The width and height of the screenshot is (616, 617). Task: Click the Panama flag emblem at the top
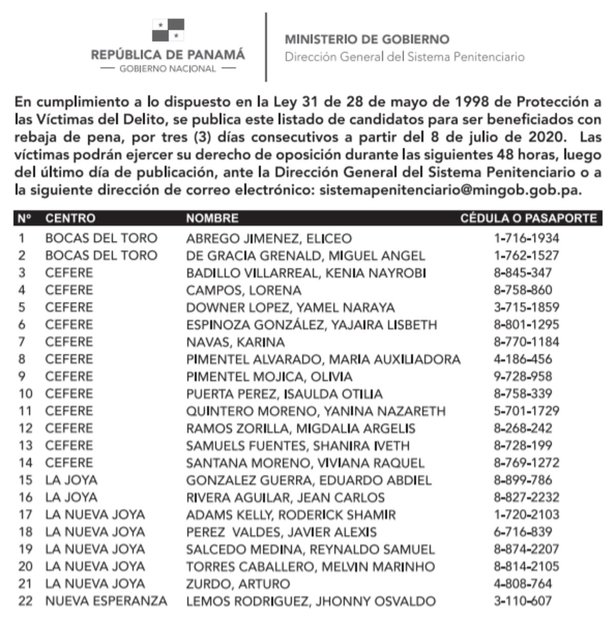(168, 30)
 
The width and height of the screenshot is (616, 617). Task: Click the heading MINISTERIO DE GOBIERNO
(367, 40)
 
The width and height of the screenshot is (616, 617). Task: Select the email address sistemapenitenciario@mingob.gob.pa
(450, 190)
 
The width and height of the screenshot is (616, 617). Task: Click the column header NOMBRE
(212, 218)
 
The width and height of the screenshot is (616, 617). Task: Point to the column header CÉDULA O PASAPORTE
(528, 218)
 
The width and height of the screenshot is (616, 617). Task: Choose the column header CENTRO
(70, 218)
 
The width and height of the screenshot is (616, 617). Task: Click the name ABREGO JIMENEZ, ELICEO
(268, 239)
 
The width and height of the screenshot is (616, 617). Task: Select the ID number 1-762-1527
(526, 256)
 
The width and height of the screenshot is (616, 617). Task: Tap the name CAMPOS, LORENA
(243, 291)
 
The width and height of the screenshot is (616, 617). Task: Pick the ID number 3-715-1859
(526, 307)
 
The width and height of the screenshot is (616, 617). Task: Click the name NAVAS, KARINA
(235, 342)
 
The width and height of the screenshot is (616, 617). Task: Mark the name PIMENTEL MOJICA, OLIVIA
(269, 377)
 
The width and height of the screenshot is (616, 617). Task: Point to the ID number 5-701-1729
(526, 411)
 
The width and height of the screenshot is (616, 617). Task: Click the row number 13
(25, 446)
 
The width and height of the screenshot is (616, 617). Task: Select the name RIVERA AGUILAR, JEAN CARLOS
(285, 497)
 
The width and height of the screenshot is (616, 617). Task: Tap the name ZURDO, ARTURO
(238, 584)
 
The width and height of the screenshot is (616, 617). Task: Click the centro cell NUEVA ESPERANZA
(106, 601)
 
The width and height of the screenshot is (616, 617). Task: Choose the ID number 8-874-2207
(526, 549)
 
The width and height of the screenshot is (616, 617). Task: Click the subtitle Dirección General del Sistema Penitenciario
(405, 57)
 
